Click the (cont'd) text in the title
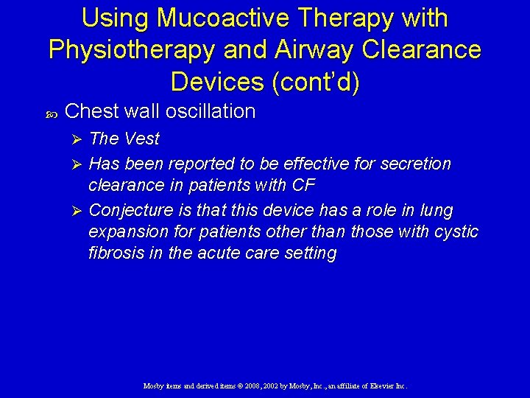point(316,81)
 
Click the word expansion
point(123,232)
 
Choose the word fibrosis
point(114,254)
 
